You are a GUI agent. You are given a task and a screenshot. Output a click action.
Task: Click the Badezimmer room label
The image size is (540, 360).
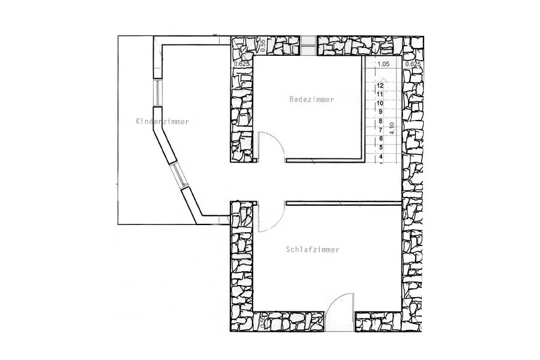[311, 100]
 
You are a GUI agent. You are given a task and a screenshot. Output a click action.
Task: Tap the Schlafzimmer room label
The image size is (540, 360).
[313, 250]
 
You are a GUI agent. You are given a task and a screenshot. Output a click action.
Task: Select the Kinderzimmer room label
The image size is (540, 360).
[162, 122]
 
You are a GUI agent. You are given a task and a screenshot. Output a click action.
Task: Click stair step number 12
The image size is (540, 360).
[380, 86]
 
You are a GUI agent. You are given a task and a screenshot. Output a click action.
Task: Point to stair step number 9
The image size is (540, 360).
[380, 112]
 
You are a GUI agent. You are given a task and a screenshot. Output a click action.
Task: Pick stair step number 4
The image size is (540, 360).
[380, 157]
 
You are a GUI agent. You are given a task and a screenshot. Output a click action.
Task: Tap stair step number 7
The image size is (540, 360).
[380, 130]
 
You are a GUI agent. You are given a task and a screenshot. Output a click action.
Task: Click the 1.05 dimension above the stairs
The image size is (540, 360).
[383, 64]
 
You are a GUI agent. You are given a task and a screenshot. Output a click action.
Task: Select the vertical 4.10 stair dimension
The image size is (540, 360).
[391, 128]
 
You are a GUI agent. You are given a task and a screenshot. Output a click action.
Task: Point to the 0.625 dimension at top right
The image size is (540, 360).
[413, 64]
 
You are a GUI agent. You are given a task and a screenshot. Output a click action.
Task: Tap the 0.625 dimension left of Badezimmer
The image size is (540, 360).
[241, 64]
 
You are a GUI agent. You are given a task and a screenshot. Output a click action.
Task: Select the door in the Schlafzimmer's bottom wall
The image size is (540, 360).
[340, 311]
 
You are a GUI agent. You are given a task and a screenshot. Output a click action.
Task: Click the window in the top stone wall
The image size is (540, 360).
[308, 43]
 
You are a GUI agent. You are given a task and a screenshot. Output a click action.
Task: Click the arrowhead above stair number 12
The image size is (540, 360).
[380, 78]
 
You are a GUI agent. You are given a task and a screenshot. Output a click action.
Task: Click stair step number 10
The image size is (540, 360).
[380, 103]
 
